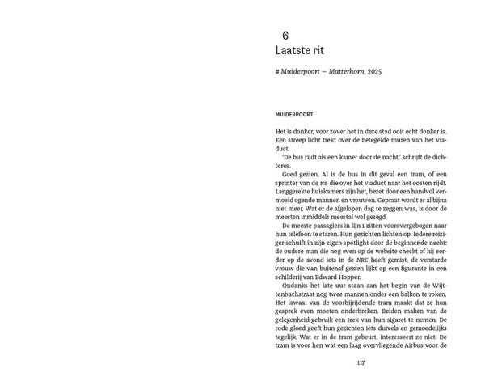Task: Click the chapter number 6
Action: coord(285,35)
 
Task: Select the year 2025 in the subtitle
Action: coord(372,73)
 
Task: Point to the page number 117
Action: coord(361,362)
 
